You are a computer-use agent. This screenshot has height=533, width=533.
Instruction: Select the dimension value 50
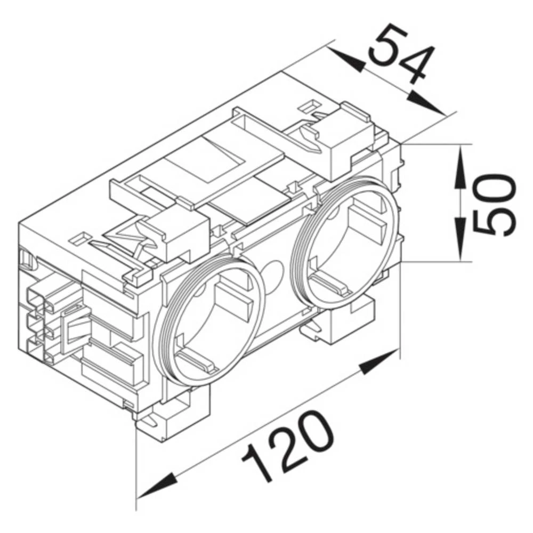495,205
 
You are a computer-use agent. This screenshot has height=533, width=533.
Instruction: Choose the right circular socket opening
347,243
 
